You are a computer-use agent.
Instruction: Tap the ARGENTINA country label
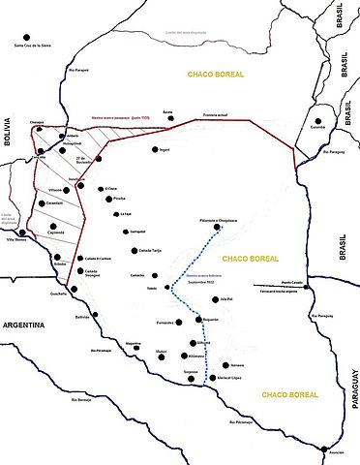tap(31, 325)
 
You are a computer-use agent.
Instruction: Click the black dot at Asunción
tap(323, 447)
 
